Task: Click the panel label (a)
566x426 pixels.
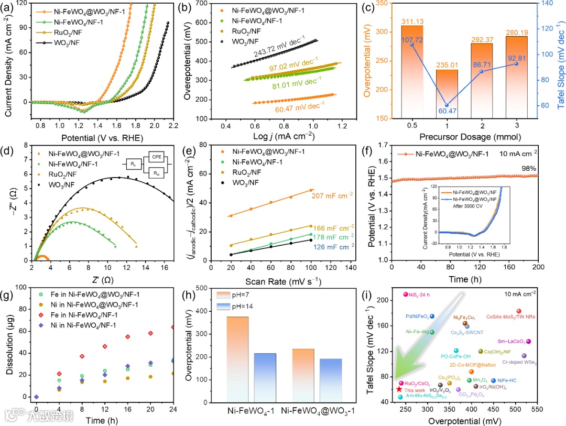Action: (x=9, y=6)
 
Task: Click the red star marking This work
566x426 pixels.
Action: (x=400, y=389)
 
